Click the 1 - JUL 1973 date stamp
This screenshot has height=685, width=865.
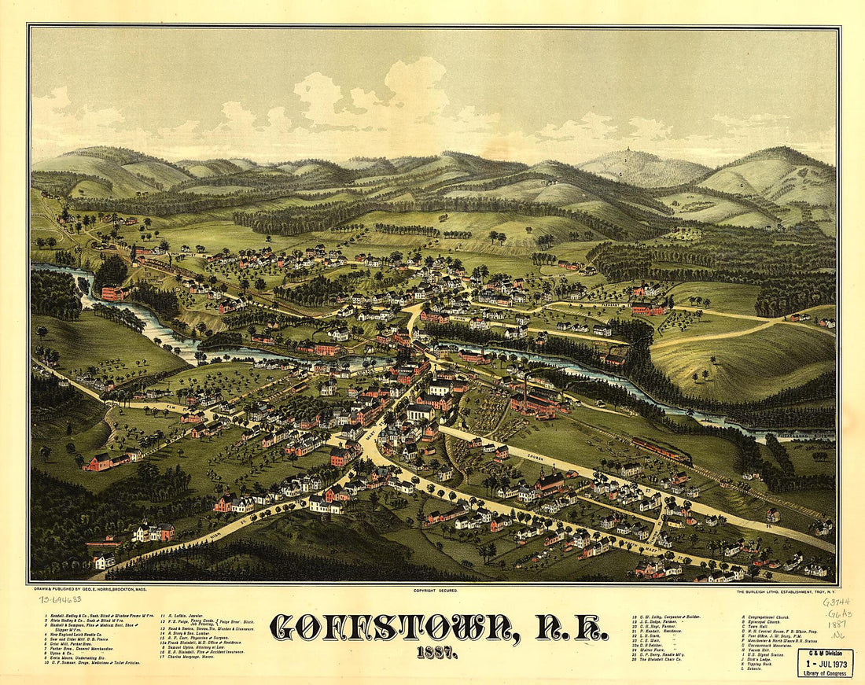(x=826, y=664)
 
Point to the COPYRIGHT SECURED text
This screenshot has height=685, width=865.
(x=435, y=589)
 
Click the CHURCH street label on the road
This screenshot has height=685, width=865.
(x=536, y=458)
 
